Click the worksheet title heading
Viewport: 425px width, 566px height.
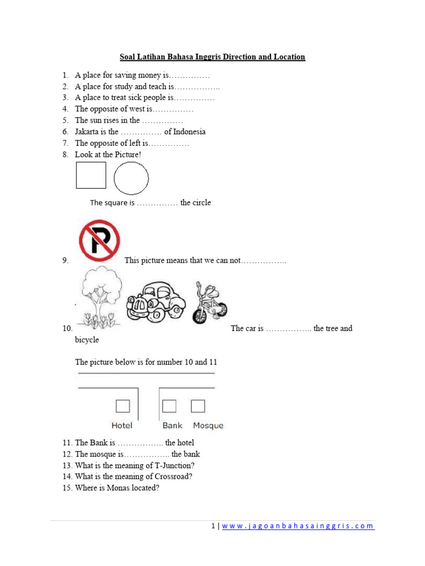[212, 57]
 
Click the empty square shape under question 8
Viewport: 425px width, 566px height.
[91, 175]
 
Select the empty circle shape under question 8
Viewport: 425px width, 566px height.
[131, 179]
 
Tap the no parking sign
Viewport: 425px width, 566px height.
[99, 240]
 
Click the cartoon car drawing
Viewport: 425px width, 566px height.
[156, 302]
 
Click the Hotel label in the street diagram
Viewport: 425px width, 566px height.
[122, 426]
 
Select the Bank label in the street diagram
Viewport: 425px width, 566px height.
[173, 426]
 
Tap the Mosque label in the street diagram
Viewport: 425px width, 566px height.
[208, 426]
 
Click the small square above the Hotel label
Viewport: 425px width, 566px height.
[122, 406]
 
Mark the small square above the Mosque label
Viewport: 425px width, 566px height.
[198, 406]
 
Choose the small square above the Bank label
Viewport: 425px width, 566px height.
[169, 406]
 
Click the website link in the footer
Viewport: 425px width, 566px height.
[298, 526]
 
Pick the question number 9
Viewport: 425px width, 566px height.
[65, 260]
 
